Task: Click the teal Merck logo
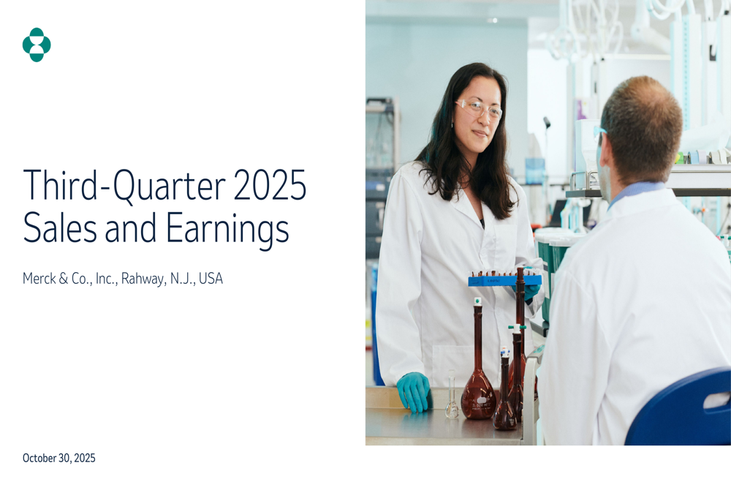[x=37, y=45]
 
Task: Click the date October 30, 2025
[x=59, y=459]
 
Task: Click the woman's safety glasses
[x=479, y=108]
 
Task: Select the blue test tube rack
[x=504, y=280]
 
